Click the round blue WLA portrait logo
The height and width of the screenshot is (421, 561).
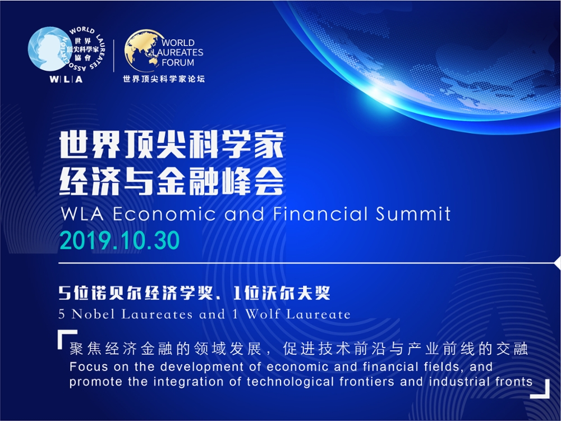50,49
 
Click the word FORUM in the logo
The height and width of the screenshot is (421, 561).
178,62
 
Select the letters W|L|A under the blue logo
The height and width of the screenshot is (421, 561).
66,79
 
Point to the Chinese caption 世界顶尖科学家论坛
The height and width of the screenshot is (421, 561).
164,79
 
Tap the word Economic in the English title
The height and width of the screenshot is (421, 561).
164,214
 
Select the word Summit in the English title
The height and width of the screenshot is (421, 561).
413,214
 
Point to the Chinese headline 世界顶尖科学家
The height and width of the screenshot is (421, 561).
171,145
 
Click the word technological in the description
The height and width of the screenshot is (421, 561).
290,382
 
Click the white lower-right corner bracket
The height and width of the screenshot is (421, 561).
540,389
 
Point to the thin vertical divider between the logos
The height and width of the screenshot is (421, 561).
114,56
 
